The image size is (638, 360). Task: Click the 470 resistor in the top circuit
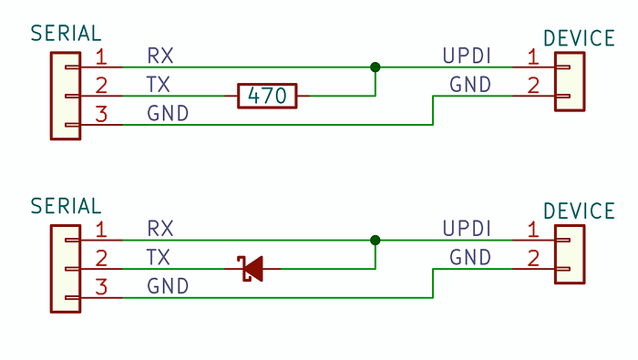(267, 95)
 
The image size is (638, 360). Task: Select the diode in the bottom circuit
(251, 268)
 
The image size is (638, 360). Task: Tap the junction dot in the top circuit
(375, 67)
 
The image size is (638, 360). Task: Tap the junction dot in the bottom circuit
(375, 240)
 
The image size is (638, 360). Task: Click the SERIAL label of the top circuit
(66, 34)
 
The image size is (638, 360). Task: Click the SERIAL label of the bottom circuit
(66, 206)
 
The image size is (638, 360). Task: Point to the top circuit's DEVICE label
(579, 38)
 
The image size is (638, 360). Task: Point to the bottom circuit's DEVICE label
(579, 211)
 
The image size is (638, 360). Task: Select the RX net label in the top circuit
(160, 56)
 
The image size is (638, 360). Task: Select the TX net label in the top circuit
(159, 85)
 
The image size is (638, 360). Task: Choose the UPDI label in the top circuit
(467, 56)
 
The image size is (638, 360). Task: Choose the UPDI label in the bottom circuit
(467, 228)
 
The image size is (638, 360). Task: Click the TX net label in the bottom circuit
(159, 258)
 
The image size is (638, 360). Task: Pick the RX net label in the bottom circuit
(160, 228)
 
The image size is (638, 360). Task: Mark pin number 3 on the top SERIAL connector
(101, 114)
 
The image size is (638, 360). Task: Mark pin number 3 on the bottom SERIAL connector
(101, 287)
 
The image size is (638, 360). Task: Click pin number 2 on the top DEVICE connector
(532, 85)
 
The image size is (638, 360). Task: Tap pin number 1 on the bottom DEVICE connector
(532, 228)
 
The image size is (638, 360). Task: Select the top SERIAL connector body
(65, 95)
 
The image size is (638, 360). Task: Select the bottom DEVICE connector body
(570, 254)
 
